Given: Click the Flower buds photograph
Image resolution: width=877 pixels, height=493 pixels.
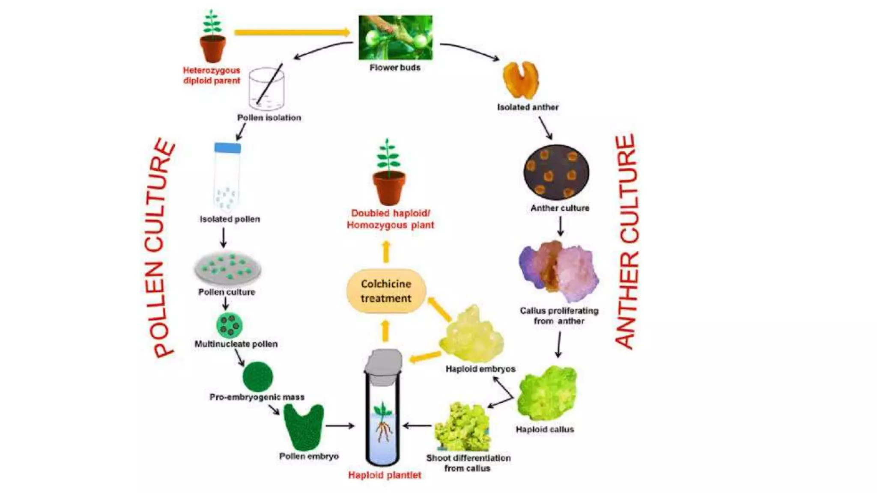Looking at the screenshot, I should point(395,37).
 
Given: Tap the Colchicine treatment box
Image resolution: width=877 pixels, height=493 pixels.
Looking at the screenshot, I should point(386,291).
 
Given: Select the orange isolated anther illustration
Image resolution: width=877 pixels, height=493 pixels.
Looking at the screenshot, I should point(520,80).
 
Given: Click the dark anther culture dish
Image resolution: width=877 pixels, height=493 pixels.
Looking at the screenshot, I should point(556,172).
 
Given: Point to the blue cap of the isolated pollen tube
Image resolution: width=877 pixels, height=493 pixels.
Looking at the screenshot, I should point(227,148).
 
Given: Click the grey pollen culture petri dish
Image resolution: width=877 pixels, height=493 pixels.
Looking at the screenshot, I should point(227,268).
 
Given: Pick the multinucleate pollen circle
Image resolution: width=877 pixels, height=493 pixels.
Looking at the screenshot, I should point(230,325).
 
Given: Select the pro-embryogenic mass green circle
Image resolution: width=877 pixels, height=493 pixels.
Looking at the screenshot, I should point(257,377).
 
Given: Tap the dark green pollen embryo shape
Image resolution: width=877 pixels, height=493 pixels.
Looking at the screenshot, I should point(304,426).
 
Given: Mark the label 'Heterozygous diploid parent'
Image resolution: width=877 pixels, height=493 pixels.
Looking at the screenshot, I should point(212,75).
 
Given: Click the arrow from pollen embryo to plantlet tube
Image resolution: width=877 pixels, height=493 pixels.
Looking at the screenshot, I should point(340,426).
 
